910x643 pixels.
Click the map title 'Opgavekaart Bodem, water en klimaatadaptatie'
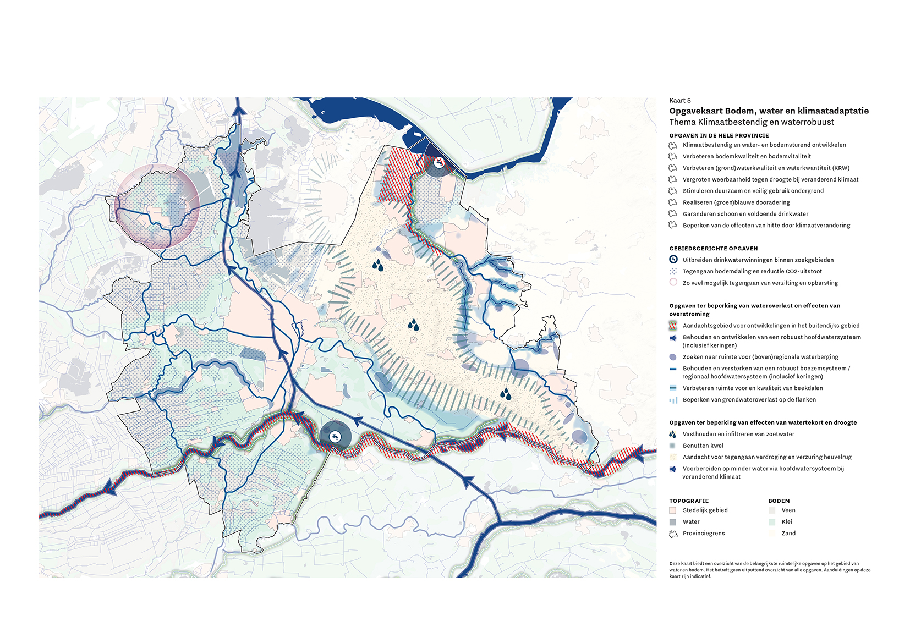pos(769,111)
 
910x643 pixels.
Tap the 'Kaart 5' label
pos(679,101)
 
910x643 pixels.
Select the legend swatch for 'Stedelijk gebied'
pos(673,510)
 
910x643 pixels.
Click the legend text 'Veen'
pos(788,510)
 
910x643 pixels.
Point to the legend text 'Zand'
pos(788,534)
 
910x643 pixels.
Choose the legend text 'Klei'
pos(787,522)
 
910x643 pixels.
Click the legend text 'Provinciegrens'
pos(704,534)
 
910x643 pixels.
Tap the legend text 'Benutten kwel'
pos(703,446)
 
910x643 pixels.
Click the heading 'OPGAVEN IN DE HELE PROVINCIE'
pos(719,135)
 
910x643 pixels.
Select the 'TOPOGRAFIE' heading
pos(689,501)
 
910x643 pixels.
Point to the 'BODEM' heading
pos(779,501)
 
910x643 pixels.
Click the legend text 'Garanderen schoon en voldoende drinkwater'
pos(745,214)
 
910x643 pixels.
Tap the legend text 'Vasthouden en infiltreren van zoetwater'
pos(738,435)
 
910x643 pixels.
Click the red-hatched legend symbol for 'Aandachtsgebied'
pos(673,326)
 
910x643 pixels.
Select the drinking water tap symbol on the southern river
pos(335,437)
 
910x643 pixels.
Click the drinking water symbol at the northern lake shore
pos(438,163)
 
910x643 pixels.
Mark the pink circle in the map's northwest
pos(158,206)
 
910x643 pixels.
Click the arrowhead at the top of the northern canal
pos(239,111)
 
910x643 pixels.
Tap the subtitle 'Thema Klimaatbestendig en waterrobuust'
pos(752,122)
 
